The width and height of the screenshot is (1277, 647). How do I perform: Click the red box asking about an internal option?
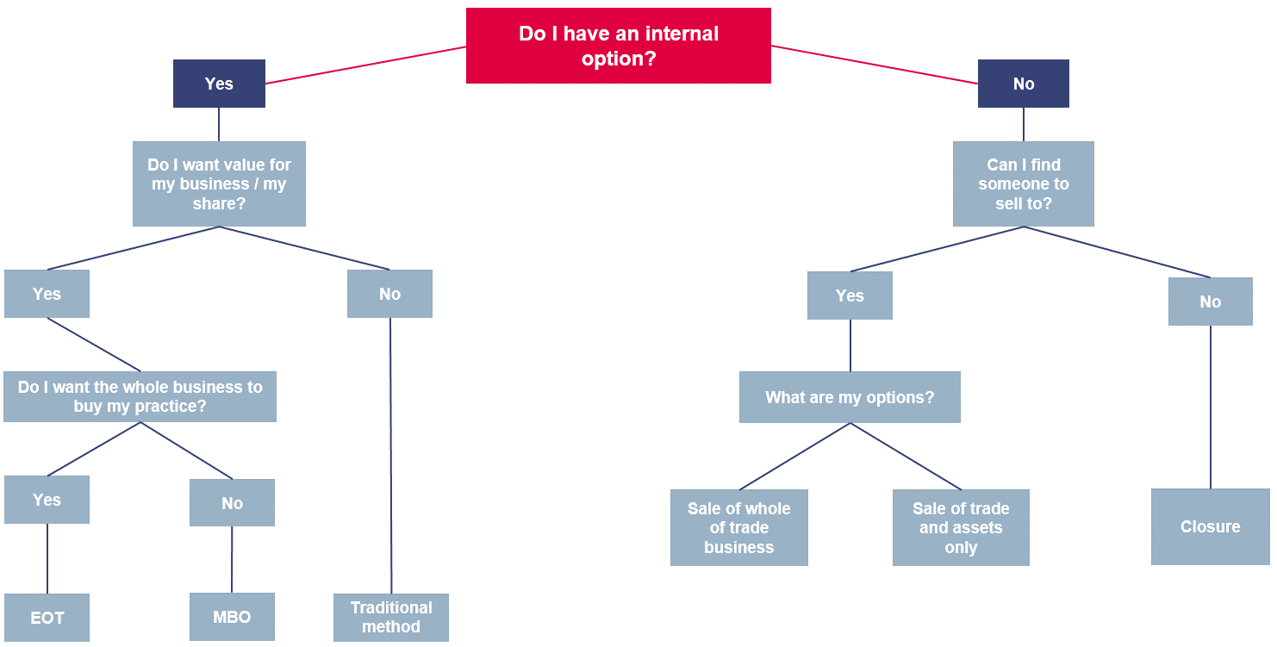pyautogui.click(x=618, y=46)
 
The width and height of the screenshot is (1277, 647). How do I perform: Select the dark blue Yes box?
pyautogui.click(x=219, y=84)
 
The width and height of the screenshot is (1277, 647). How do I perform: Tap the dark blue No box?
pyautogui.click(x=1023, y=84)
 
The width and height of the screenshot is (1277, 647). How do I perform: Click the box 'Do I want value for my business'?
pyautogui.click(x=219, y=184)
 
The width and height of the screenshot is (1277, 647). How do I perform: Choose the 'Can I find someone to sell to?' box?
pyautogui.click(x=1023, y=184)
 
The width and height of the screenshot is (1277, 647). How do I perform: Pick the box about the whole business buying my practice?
pyautogui.click(x=140, y=396)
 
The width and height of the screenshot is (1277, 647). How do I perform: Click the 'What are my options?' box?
pyautogui.click(x=850, y=397)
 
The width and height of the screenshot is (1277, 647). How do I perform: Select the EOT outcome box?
pyautogui.click(x=47, y=617)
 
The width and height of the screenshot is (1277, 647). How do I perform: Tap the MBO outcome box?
pyautogui.click(x=232, y=617)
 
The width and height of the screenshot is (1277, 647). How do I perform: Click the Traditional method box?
pyautogui.click(x=391, y=617)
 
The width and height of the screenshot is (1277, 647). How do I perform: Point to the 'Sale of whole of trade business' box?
pyautogui.click(x=738, y=527)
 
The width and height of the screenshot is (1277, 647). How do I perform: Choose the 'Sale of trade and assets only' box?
pyautogui.click(x=961, y=527)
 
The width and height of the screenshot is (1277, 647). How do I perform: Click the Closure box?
pyautogui.click(x=1210, y=526)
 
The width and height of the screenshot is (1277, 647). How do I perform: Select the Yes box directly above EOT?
pyautogui.click(x=47, y=500)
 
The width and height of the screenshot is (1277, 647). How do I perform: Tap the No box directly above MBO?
pyautogui.click(x=232, y=503)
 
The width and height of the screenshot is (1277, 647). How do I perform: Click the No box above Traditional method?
pyautogui.click(x=389, y=294)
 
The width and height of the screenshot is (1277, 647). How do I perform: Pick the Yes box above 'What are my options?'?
pyautogui.click(x=850, y=296)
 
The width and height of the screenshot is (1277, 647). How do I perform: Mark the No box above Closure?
pyautogui.click(x=1210, y=302)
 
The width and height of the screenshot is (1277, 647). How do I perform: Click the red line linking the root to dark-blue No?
pyautogui.click(x=875, y=65)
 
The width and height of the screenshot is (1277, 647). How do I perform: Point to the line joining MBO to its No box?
pyautogui.click(x=232, y=559)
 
